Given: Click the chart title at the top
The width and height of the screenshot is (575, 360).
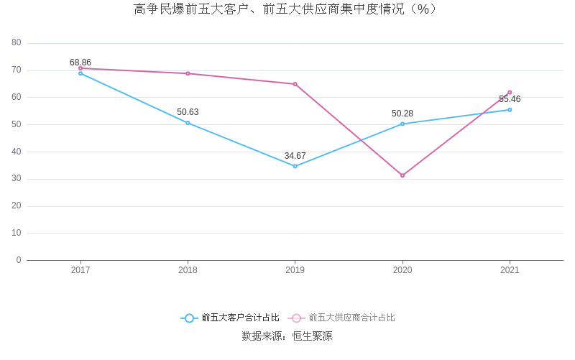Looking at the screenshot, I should coord(287,9).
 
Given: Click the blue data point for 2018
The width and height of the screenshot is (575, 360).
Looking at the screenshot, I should coord(188,123).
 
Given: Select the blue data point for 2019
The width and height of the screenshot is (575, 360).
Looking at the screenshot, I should coord(295,166).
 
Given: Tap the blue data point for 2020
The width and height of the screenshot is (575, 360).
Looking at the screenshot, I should coord(402,124).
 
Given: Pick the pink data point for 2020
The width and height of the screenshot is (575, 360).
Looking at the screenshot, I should coord(402,175).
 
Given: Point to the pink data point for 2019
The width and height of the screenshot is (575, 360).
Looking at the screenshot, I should coord(295,84).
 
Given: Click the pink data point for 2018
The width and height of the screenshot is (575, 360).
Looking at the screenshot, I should coord(188,73).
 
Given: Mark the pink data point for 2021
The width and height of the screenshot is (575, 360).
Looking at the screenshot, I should coord(510,92).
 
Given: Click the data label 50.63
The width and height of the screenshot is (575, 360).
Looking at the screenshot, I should coord(188,112).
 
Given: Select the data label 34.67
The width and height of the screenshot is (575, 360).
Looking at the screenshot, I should coord(295,156).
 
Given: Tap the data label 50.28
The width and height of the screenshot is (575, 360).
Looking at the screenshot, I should coord(402,114).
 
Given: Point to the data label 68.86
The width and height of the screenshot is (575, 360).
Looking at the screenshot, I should coord(80,63).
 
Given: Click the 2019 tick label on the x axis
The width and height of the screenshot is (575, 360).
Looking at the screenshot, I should coord(295,270).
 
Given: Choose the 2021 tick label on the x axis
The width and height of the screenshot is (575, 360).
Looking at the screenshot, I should coord(510,270).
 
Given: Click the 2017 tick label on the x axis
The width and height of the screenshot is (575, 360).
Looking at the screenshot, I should coord(80,270).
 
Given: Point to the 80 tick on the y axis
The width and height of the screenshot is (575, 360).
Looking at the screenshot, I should coord(17,43).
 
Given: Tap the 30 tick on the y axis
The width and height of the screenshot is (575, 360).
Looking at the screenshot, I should coord(17,179).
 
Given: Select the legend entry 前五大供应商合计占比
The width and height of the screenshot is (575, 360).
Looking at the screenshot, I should coord(342,318).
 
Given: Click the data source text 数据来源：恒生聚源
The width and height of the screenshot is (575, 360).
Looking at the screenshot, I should coord(287,336).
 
